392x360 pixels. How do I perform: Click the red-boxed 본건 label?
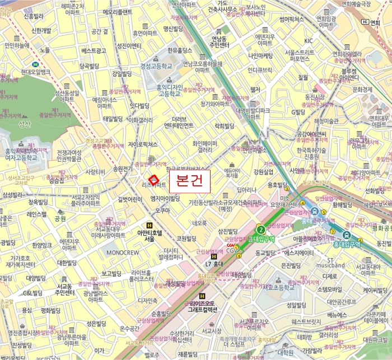pos(189,180)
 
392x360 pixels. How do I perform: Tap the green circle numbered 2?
pos(260,229)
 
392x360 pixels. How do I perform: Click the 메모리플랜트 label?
pos(117,12)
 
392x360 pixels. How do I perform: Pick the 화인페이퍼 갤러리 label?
pos(206,146)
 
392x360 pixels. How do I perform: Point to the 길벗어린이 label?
pos(130,199)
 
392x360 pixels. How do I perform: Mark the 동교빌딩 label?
pos(267,253)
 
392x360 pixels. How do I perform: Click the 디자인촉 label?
pos(148,300)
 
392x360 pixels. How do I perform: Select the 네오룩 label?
pos(199,223)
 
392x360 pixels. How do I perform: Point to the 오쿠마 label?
pos(162,211)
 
